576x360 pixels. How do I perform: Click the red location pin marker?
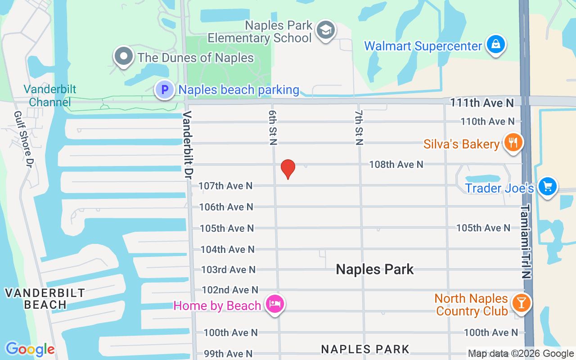tap(288, 169)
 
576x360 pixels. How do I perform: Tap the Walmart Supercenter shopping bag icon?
tap(495, 45)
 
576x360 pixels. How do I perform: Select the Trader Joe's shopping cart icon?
tap(547, 186)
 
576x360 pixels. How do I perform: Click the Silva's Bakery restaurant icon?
tap(512, 143)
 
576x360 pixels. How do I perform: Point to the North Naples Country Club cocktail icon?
tap(522, 302)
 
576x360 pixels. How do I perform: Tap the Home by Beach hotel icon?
tap(274, 304)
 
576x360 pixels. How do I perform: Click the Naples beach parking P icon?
tap(165, 90)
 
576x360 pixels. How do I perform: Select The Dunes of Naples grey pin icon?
tap(123, 56)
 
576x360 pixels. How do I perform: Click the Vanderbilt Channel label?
tap(50, 95)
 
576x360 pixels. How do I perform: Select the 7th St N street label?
tap(359, 128)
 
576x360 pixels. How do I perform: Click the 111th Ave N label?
tap(481, 103)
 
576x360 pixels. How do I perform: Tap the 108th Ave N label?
tap(396, 165)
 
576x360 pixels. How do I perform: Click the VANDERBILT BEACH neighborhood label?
tap(45, 299)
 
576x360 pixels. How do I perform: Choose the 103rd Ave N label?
tap(228, 270)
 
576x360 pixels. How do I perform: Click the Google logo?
tap(30, 349)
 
